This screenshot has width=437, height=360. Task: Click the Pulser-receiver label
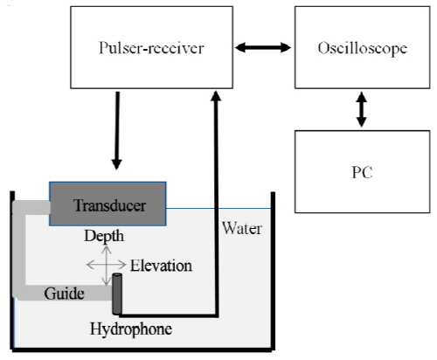(x=151, y=48)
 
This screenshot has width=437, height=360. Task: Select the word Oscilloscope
(x=363, y=48)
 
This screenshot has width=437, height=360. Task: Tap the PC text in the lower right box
(x=362, y=172)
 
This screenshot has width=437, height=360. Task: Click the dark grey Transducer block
(x=108, y=204)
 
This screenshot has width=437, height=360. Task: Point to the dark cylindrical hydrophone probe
(x=117, y=294)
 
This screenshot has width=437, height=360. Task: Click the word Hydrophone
(x=131, y=329)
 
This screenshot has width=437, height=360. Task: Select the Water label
(x=242, y=228)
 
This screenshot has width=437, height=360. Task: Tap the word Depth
(x=104, y=236)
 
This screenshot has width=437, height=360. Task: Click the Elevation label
(x=161, y=266)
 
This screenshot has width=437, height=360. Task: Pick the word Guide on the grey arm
(x=65, y=293)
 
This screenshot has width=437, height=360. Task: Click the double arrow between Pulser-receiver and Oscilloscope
(x=263, y=47)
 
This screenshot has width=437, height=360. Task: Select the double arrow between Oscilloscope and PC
(x=362, y=109)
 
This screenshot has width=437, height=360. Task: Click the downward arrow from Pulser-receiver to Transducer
(x=117, y=130)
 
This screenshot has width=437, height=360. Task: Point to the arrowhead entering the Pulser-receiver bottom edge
(x=216, y=96)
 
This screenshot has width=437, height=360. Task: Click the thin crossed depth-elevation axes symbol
(x=107, y=265)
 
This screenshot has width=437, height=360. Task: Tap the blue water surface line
(x=218, y=209)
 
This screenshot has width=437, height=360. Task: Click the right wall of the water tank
(x=273, y=271)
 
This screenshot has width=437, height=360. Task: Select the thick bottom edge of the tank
(x=143, y=350)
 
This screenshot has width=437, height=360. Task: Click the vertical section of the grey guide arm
(x=19, y=249)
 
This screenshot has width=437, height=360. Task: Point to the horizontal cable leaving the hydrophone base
(x=169, y=315)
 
